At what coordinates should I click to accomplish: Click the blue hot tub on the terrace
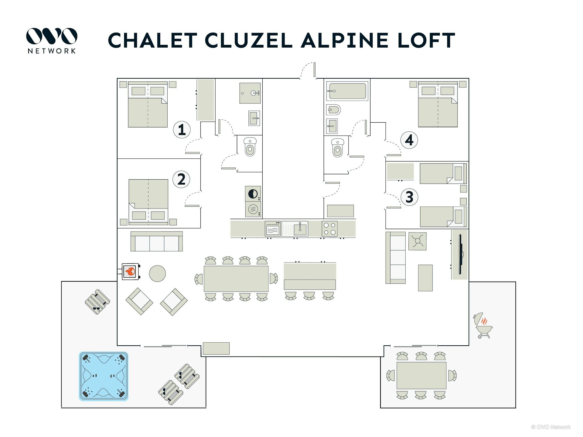coord(104,376)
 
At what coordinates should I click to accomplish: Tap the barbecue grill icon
coord(483,326)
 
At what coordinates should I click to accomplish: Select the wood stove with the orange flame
coord(131,271)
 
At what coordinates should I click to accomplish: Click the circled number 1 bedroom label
coord(182,130)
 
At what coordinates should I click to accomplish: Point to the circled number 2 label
coord(181,179)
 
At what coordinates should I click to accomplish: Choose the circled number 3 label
coord(409,197)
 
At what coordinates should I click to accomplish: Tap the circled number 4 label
coord(409,140)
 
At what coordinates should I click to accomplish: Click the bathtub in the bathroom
coord(347,91)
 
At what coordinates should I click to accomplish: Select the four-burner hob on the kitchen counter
coord(329,229)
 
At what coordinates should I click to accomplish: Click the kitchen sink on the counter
coord(300,229)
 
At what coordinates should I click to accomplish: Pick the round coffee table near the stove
coord(157,273)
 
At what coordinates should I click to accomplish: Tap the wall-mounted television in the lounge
coord(460,254)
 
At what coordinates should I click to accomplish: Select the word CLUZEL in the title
coord(248,40)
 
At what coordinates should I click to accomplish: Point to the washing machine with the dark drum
coord(253,194)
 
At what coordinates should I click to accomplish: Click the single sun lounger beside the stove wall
coord(97,302)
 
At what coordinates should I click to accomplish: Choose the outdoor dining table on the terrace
coord(421,375)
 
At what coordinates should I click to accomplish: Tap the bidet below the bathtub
coord(334,110)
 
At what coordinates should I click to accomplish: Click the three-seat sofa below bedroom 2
coord(156,242)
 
